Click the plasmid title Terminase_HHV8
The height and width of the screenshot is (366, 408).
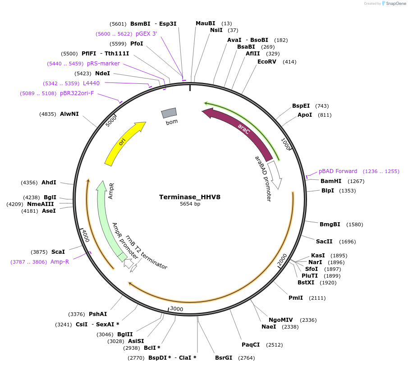189,197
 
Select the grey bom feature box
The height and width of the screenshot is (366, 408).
169,113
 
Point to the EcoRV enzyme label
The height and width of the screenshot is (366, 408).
266,62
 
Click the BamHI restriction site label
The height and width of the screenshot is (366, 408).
331,181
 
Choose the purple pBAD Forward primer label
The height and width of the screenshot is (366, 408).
338,171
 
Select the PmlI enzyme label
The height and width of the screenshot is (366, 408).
296,298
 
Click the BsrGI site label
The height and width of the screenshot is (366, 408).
224,358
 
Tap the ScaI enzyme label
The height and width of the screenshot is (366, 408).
58,252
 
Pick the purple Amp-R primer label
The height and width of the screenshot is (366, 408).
60,262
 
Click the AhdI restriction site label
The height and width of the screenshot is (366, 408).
49,183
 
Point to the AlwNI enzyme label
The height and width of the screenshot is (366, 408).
69,114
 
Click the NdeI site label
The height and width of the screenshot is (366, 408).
102,73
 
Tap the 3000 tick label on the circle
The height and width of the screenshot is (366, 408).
176,309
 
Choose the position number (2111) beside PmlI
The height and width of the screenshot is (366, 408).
317,298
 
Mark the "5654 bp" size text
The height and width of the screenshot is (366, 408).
190,204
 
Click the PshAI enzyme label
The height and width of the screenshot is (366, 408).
98,314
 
